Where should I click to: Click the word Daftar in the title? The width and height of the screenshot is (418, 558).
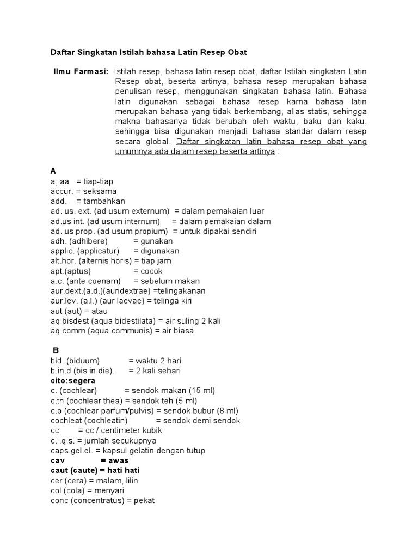pos(63,52)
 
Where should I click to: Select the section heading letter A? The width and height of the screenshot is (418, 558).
pos(53,171)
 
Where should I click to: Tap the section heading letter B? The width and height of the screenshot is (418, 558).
pos(55,350)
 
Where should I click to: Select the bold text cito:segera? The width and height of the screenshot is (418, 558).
pos(72,380)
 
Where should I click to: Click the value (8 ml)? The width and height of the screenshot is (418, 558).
pos(224,410)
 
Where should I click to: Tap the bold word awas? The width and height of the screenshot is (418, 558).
pos(119,460)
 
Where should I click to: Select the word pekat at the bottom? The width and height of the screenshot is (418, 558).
pos(144,500)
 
